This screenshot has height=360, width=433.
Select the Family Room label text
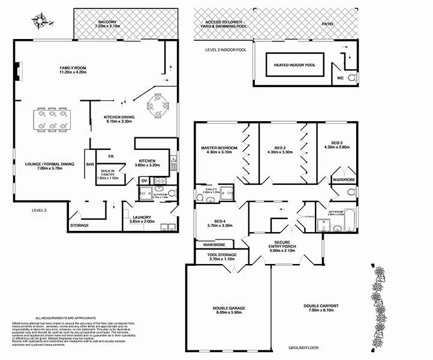tap(73, 71)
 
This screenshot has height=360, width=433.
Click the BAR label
tap(91, 164)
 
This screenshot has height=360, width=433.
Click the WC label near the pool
tap(339, 78)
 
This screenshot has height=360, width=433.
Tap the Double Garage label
tap(228, 310)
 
